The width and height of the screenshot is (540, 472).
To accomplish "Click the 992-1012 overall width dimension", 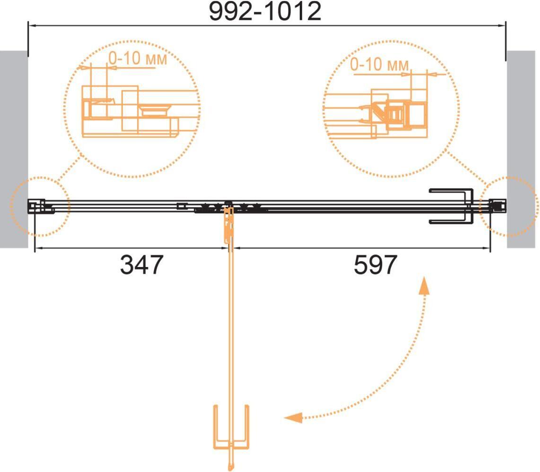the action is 265,11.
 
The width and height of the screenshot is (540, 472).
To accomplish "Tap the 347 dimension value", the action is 141,265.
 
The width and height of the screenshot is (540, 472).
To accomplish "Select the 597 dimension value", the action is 375,265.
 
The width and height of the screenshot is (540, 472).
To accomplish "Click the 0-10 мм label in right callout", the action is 380,64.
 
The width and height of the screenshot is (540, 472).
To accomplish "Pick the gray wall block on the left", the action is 14,149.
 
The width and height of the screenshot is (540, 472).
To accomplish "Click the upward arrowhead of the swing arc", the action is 424,285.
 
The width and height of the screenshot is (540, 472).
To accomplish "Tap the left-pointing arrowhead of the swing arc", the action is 293,418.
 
